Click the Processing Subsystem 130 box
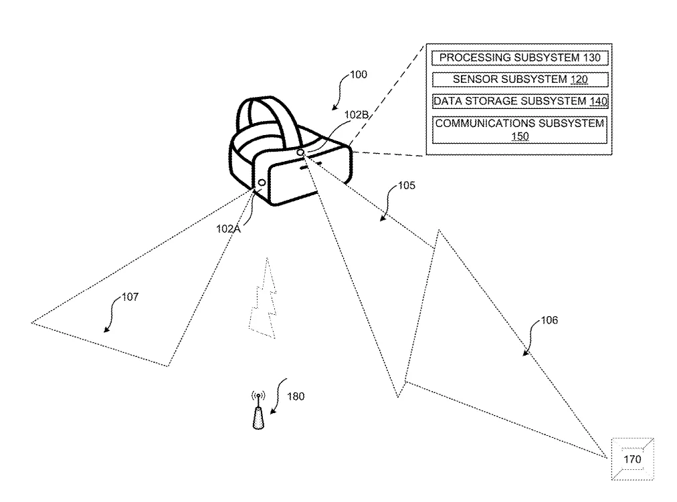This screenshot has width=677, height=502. [x=520, y=57]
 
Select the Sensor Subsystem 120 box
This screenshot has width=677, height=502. [x=520, y=80]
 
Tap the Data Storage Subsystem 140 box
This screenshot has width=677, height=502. [x=520, y=102]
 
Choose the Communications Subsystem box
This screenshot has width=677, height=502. [x=520, y=130]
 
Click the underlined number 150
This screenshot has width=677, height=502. [x=520, y=136]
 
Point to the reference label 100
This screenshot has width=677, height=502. [x=359, y=75]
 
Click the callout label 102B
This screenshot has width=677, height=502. [x=357, y=115]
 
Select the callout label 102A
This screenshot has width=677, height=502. [x=228, y=229]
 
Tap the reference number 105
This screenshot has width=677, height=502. [x=406, y=185]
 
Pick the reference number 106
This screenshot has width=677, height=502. [x=549, y=320]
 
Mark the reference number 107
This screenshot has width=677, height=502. [x=130, y=297]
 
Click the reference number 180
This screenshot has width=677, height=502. [x=296, y=396]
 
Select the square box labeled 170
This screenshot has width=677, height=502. [x=633, y=459]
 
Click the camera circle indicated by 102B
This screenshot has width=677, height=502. [x=300, y=152]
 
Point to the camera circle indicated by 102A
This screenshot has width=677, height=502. [x=262, y=183]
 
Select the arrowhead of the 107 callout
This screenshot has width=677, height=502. [x=106, y=330]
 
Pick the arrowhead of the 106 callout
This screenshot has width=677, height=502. [x=525, y=353]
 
